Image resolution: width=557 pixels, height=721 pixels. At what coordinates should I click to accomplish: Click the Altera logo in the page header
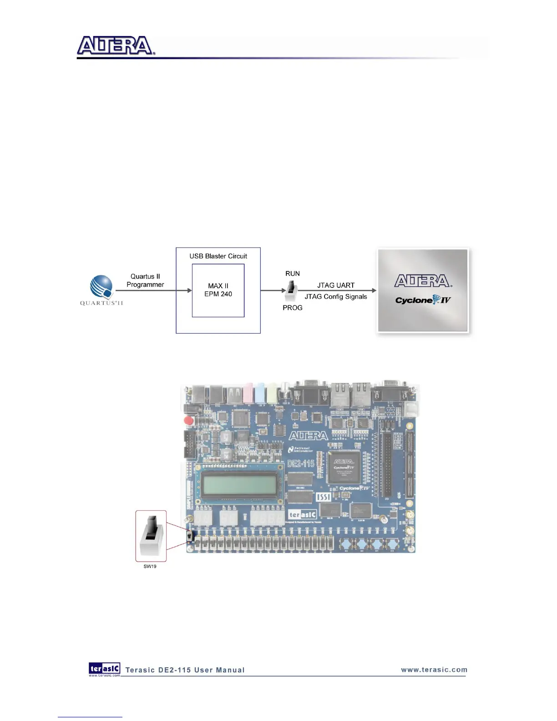pyautogui.click(x=116, y=46)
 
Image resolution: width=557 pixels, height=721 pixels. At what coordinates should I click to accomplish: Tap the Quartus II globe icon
pyautogui.click(x=101, y=287)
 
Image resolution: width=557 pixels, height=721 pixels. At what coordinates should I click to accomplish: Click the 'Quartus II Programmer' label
pyautogui.click(x=145, y=280)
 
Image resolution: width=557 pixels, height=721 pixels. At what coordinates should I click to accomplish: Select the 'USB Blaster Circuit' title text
pyautogui.click(x=218, y=256)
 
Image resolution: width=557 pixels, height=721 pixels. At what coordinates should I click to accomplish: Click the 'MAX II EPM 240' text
pyautogui.click(x=218, y=290)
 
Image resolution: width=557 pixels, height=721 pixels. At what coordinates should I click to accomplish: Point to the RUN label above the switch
pyautogui.click(x=292, y=274)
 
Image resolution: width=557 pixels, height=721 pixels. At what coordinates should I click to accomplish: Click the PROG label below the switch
pyautogui.click(x=292, y=308)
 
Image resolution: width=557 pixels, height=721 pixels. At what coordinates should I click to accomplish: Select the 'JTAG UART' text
pyautogui.click(x=335, y=285)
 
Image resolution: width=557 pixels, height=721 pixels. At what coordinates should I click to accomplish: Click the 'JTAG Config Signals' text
pyautogui.click(x=335, y=297)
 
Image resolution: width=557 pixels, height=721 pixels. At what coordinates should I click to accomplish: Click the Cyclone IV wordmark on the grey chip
pyautogui.click(x=422, y=300)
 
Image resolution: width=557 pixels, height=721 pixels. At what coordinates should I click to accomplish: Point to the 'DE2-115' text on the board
pyautogui.click(x=301, y=464)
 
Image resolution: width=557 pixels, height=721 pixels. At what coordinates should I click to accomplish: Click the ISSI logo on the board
pyautogui.click(x=323, y=496)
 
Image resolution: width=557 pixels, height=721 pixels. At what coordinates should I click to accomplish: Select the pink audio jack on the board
pyautogui.click(x=248, y=393)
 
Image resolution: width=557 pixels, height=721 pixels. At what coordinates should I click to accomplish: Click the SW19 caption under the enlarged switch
pyautogui.click(x=150, y=566)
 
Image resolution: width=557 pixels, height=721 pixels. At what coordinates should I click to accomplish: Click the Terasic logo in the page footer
pyautogui.click(x=105, y=668)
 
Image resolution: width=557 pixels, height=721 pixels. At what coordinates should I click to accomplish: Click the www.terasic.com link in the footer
pyautogui.click(x=434, y=670)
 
